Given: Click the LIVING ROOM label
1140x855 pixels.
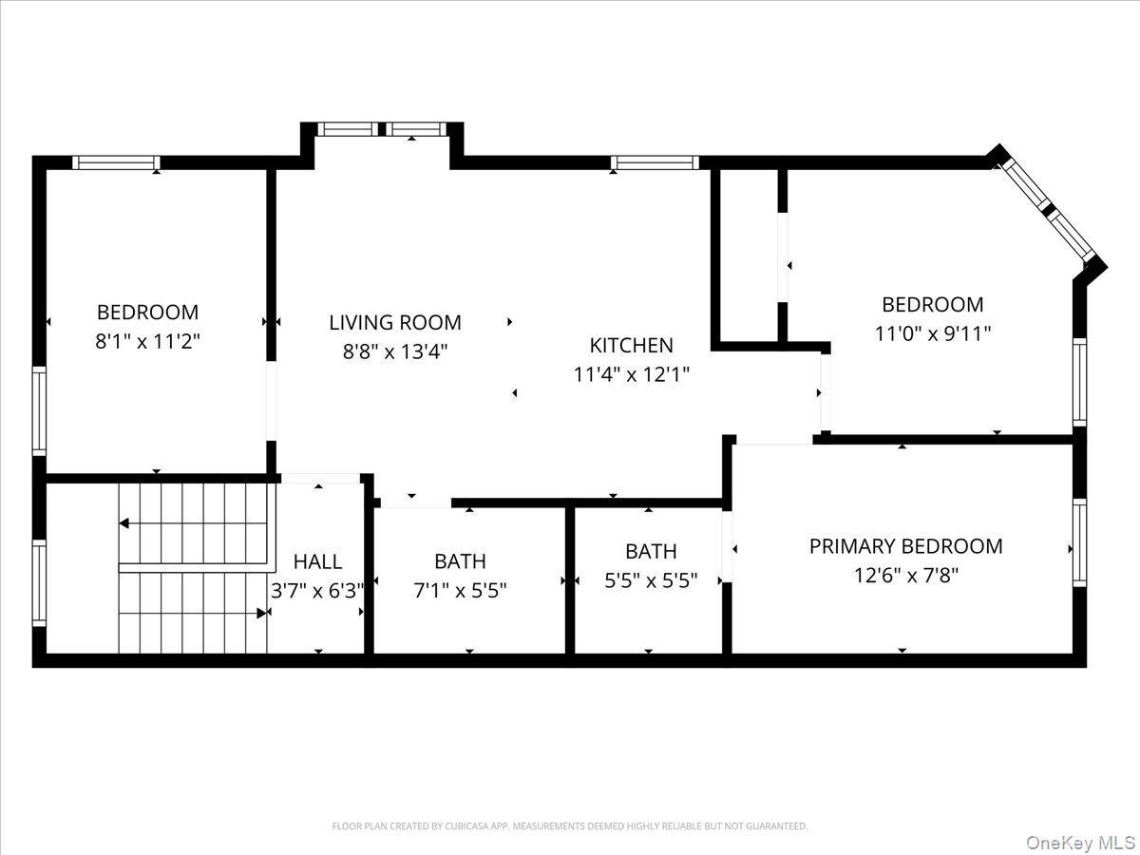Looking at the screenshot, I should pos(395,322).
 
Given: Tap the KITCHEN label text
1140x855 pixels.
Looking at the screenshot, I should pos(632,345).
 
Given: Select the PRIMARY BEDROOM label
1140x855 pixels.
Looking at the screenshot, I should pos(905,546).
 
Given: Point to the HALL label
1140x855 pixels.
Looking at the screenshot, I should pos(317,561).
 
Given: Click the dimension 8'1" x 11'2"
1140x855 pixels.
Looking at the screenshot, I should pos(148,341).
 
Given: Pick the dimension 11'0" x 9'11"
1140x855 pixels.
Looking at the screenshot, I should pos(932,333).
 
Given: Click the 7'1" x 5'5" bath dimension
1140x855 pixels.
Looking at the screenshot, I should pos(460,590).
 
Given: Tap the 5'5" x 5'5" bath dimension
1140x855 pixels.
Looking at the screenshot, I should pos(651,580).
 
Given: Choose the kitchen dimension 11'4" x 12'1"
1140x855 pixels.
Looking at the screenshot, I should pos(632,374).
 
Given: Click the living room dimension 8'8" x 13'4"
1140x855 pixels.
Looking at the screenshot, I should pos(395,351).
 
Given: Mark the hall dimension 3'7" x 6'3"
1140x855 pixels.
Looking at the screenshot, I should pos(317,591).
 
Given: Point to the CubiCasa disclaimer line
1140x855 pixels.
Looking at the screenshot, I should pos(569,826).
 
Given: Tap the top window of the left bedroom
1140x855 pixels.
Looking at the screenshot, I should pos(116,162).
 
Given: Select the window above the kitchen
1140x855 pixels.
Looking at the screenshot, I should pos(655,162).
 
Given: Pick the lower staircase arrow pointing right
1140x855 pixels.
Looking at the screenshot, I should pos(261,614).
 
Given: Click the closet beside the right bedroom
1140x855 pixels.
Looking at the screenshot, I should pos(748,254).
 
